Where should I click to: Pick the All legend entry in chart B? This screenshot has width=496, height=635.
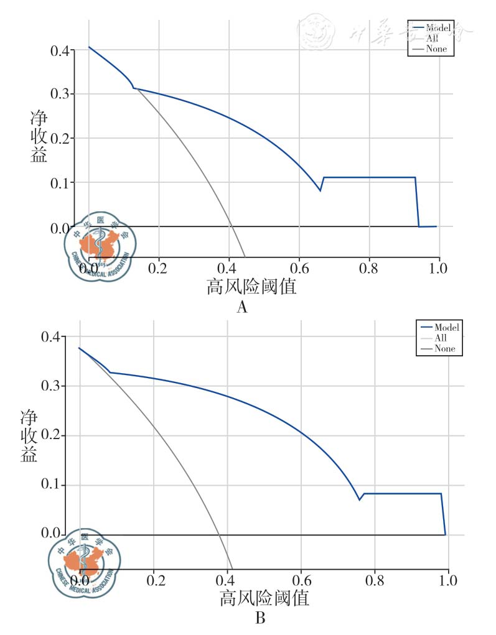[441, 338]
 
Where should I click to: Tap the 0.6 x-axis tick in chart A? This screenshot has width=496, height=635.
[299, 268]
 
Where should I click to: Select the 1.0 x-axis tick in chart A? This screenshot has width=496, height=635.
[439, 268]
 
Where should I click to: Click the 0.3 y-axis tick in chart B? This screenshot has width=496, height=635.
[54, 386]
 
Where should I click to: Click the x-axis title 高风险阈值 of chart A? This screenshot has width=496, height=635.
[251, 287]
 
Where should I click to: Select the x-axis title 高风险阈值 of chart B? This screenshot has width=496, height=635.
[264, 599]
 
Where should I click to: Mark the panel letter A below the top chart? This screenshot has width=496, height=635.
[242, 307]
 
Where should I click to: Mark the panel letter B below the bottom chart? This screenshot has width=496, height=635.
[260, 619]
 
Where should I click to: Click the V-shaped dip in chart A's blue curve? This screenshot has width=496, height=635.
[320, 190]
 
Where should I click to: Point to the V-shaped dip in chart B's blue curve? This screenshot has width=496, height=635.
[359, 499]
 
